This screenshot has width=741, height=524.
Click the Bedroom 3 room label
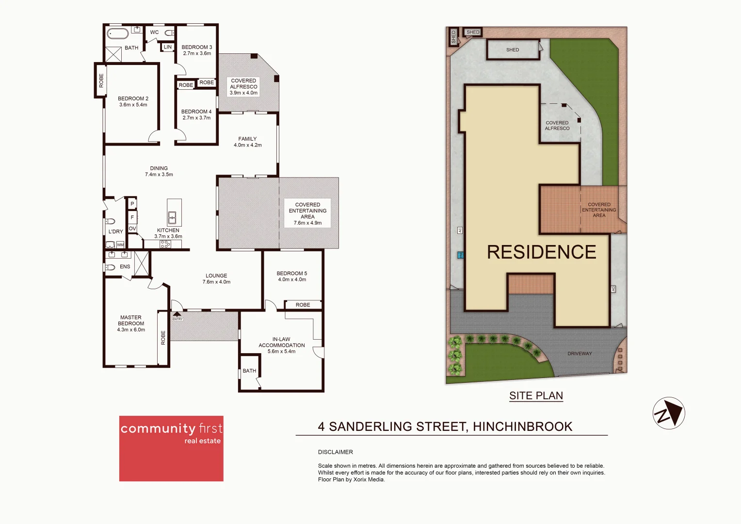(196, 47)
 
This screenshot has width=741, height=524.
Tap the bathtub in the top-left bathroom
(117, 34)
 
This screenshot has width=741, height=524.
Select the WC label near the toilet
(154, 33)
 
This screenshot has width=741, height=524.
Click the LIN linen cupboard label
(168, 47)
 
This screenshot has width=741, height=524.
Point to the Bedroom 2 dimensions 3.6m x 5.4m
(133, 105)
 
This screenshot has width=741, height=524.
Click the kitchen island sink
(172, 217)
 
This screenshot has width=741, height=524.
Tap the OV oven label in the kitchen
(132, 229)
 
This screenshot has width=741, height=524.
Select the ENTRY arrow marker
(177, 314)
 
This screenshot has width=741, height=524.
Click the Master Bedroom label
(131, 320)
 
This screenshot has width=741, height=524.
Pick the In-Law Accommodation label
(281, 343)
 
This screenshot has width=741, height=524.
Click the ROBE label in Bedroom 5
(303, 305)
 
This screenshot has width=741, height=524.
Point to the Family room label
(247, 139)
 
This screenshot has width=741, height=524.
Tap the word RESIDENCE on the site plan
(541, 252)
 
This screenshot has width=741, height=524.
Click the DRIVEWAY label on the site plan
(580, 354)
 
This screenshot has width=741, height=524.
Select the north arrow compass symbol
(669, 413)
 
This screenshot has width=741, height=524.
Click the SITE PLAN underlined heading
(536, 396)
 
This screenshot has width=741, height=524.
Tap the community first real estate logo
(171, 448)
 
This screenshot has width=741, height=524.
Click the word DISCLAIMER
(335, 452)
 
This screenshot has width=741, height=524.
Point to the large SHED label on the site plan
(513, 50)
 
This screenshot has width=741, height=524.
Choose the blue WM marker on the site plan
(460, 255)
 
